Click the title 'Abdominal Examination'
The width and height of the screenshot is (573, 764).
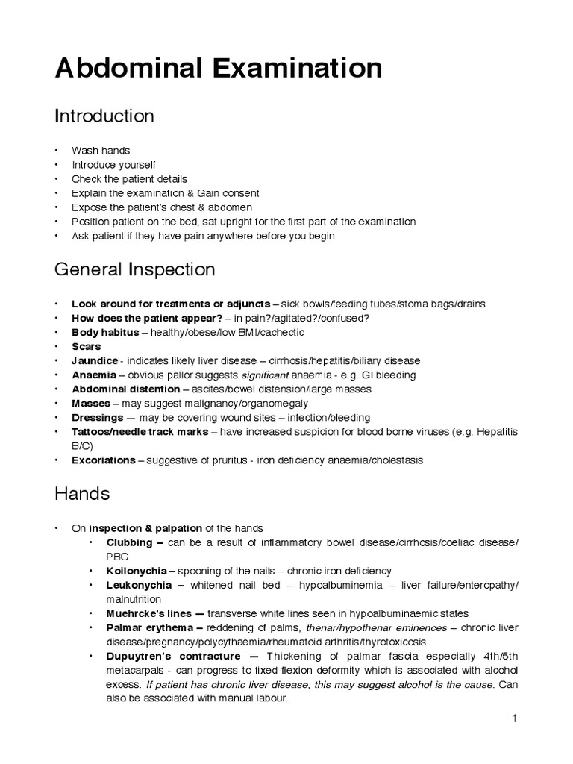pyautogui.click(x=219, y=69)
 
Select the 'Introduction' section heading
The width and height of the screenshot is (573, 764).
pyautogui.click(x=104, y=116)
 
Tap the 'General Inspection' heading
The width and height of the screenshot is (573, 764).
pyautogui.click(x=135, y=269)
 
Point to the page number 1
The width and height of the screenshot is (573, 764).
pyautogui.click(x=515, y=718)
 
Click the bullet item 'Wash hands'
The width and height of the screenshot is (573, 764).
pyautogui.click(x=101, y=151)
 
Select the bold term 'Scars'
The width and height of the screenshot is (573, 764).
pyautogui.click(x=86, y=346)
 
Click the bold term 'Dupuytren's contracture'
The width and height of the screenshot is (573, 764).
pyautogui.click(x=172, y=656)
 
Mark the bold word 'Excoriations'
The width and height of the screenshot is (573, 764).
pyautogui.click(x=103, y=460)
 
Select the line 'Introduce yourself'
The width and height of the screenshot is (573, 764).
pyautogui.click(x=114, y=165)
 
